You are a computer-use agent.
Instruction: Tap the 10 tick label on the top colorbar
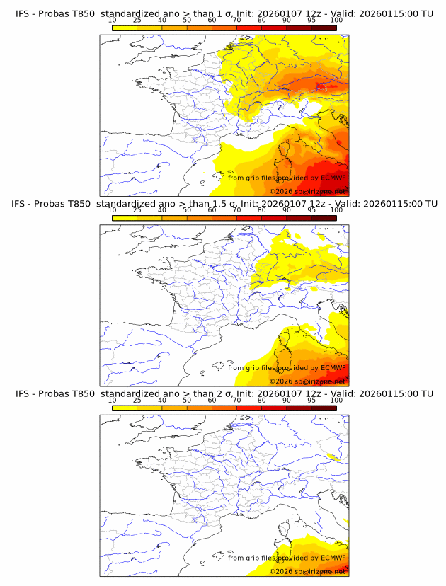(x=112, y=20)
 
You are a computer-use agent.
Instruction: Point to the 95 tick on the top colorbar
(x=311, y=20)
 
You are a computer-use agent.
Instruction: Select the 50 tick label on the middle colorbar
(x=187, y=210)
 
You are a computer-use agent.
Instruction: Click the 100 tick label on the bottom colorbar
(x=336, y=400)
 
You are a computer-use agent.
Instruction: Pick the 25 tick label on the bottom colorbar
(x=137, y=400)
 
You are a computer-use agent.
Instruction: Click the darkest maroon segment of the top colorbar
(x=324, y=28)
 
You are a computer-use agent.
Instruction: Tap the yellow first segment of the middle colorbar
(x=124, y=217)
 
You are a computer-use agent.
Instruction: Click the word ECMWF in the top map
(x=333, y=178)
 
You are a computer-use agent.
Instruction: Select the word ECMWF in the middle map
(x=333, y=367)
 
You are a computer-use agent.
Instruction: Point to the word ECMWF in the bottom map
(x=333, y=558)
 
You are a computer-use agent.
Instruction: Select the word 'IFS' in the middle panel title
(x=24, y=203)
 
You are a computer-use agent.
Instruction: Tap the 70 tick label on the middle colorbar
(x=236, y=210)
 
